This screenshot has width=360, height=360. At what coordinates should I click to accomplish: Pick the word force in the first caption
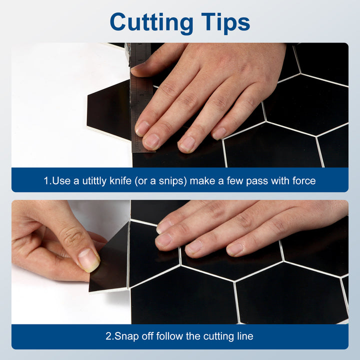click(x=303, y=180)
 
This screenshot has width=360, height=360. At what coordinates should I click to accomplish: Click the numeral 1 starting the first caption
click(x=46, y=180)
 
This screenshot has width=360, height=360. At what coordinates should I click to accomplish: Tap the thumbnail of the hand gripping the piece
click(x=89, y=259)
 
